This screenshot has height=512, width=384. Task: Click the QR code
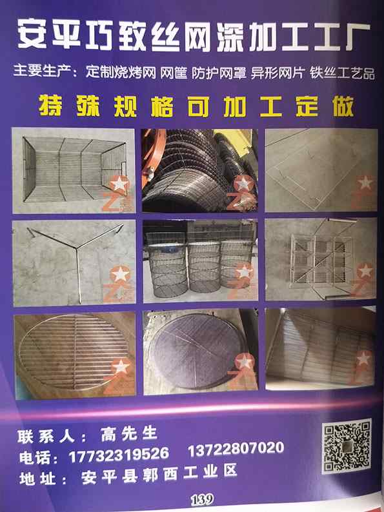[347, 446]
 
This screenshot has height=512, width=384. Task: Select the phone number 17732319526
[119, 454]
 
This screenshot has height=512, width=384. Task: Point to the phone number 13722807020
[236, 448]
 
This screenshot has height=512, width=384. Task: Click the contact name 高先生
[129, 434]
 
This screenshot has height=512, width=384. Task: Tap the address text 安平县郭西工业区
[159, 473]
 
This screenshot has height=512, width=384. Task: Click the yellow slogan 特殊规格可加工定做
[196, 106]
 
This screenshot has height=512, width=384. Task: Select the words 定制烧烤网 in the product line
[121, 72]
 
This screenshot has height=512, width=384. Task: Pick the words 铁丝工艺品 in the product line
[342, 72]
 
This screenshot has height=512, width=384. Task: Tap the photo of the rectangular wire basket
[74, 170]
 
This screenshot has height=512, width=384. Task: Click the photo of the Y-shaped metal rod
[74, 262]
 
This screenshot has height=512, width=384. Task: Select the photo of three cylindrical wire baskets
[200, 261]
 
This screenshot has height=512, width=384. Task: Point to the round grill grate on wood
[74, 354]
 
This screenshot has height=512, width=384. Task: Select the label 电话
[35, 457]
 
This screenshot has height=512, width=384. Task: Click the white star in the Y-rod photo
[120, 274]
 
